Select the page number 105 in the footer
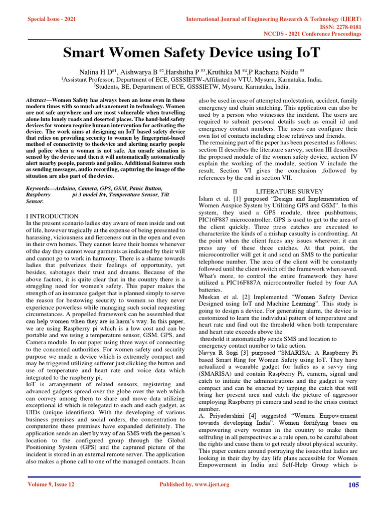[x=354, y=484]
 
